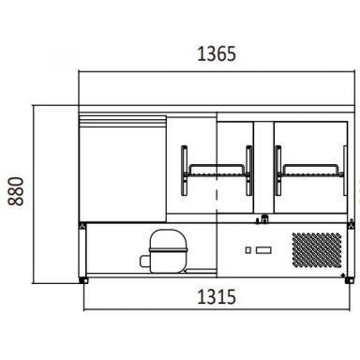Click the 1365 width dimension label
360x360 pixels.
pos(217,53)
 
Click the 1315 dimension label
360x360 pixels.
pos(217,297)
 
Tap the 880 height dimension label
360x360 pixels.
pos(16,191)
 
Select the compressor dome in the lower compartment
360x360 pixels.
pos(168,241)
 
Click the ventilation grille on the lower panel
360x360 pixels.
pos(317,249)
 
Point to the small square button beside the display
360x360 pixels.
pos(248,250)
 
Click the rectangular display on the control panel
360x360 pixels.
pos(263,250)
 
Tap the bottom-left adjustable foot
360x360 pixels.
pos(83,280)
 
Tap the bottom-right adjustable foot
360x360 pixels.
pos(350,280)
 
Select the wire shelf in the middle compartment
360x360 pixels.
pos(217,171)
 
